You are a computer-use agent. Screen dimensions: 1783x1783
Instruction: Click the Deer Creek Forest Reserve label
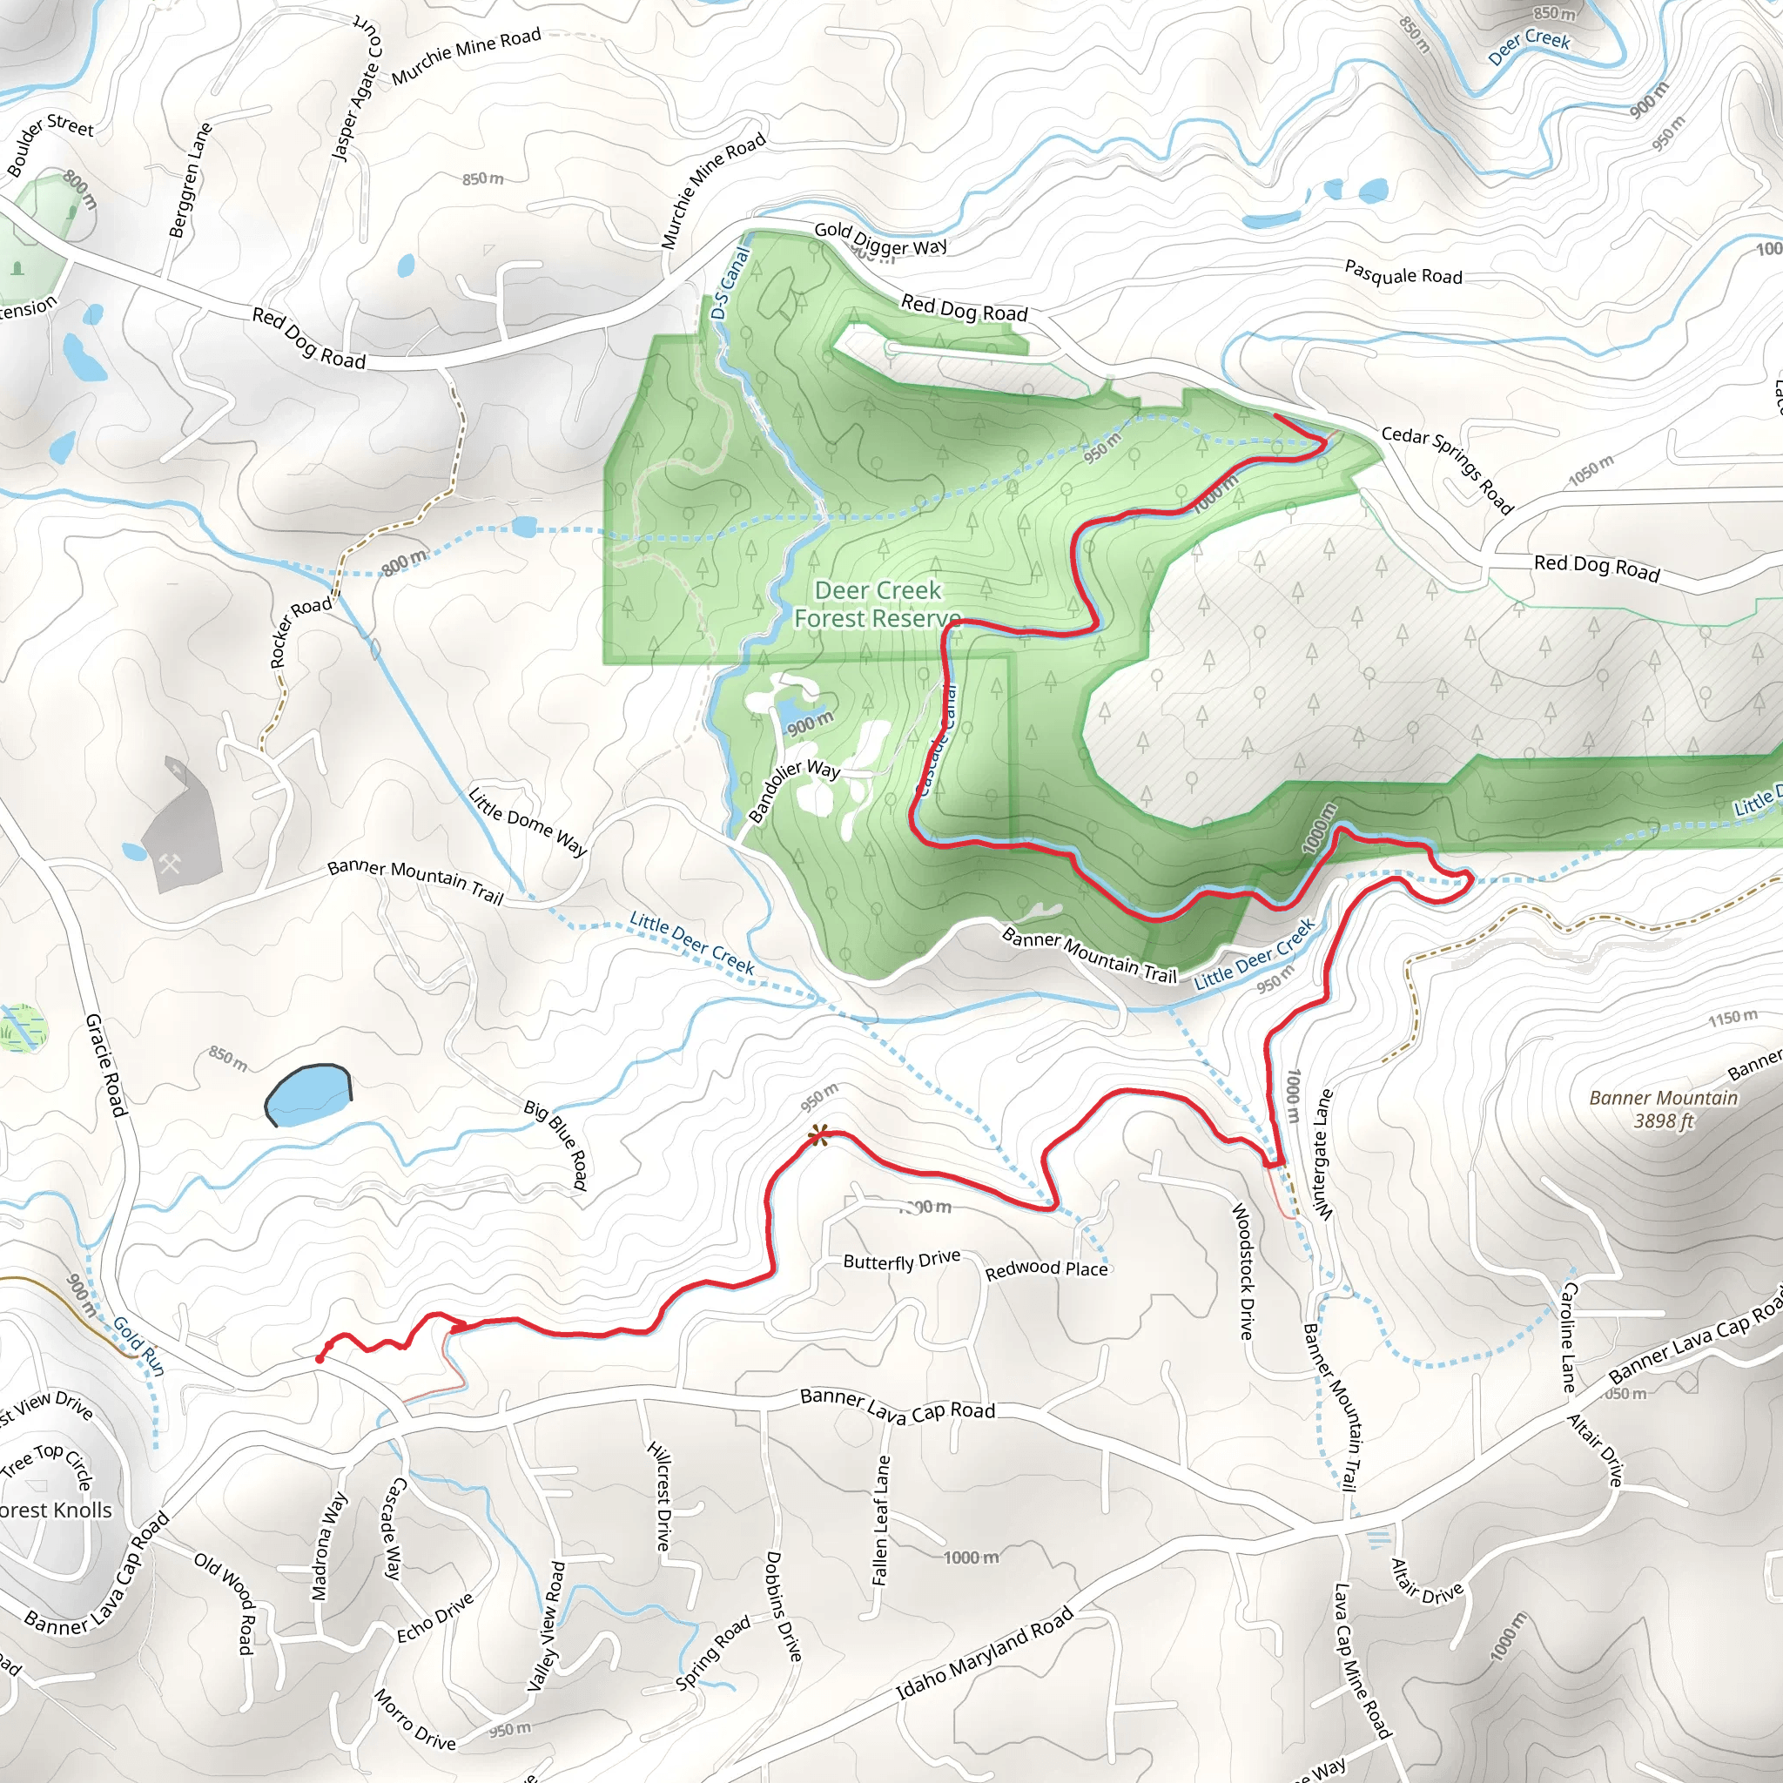coord(877,604)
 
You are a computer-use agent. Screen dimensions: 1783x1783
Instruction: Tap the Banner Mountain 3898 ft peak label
coord(1663,1109)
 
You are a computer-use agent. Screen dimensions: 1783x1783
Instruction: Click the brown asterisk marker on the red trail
coord(817,1135)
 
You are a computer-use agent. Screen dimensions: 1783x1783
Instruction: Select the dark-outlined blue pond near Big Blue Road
coord(308,1095)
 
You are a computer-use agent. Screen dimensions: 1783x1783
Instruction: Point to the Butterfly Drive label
coord(902,1260)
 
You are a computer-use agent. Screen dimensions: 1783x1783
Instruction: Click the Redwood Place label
coord(1046,1270)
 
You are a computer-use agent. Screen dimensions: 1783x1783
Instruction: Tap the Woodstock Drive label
coord(1244,1270)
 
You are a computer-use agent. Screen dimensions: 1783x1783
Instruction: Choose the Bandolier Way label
coord(794,789)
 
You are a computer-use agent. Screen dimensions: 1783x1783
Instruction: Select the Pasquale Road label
coord(1403,273)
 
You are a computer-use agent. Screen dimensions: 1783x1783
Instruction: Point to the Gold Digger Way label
coord(880,239)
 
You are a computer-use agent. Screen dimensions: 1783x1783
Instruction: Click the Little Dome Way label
coord(528,820)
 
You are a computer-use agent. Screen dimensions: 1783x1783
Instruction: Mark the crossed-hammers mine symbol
coord(170,865)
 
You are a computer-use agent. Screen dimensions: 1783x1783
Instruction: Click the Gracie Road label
coord(105,1064)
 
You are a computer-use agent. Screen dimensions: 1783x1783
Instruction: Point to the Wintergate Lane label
coord(1323,1154)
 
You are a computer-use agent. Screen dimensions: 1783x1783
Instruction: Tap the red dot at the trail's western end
coord(320,1359)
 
